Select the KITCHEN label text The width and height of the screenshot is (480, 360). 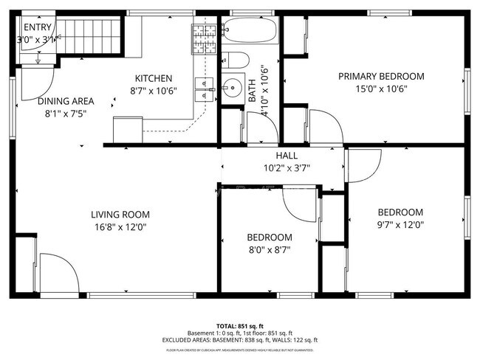153,78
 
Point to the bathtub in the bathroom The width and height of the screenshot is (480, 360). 249,32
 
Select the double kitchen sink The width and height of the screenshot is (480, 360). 204,88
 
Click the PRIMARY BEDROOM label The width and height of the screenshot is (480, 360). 381,76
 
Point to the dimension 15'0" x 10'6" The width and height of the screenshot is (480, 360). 381,89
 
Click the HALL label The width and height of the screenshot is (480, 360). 287,156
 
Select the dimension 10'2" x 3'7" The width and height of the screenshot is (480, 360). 287,167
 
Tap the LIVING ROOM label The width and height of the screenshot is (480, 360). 120,214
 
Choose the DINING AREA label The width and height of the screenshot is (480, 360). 66,101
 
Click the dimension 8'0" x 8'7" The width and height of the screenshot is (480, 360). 269,250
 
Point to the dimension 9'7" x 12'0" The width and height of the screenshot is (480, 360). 400,224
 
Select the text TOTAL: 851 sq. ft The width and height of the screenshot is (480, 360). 240,325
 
